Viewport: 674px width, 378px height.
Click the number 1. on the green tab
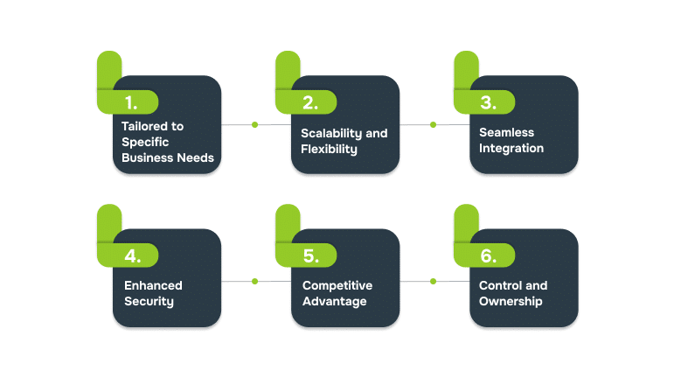click(130, 101)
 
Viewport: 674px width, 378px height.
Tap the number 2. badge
click(309, 101)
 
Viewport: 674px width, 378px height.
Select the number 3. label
click(488, 101)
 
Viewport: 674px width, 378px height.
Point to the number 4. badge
click(132, 255)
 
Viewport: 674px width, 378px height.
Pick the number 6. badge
click(488, 255)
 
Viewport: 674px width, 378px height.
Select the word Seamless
click(506, 133)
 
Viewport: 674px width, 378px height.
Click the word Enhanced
click(153, 286)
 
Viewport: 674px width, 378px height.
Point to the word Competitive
click(337, 286)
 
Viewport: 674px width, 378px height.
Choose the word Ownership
click(511, 302)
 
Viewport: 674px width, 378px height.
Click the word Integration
click(511, 149)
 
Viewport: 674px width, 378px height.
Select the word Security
click(149, 302)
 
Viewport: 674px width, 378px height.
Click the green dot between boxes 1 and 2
click(255, 124)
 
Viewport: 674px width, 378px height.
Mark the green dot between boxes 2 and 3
click(433, 124)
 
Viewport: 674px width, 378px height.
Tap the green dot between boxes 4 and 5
click(255, 281)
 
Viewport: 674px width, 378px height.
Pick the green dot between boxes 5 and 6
click(433, 281)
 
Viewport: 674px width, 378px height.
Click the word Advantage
click(334, 302)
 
